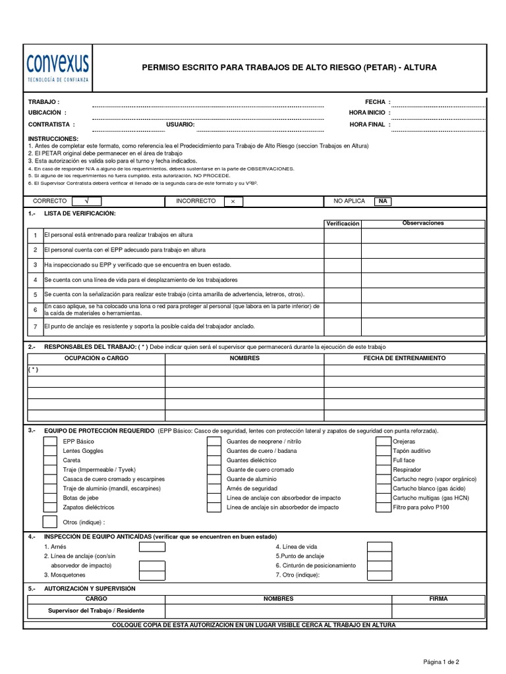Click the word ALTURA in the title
point(420,68)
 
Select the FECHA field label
point(375,102)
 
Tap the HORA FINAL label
point(366,124)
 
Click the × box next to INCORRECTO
point(233,201)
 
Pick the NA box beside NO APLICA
point(382,201)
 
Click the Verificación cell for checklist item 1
point(342,235)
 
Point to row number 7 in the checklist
point(35,326)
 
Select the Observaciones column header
point(423,223)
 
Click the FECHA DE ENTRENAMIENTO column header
point(405,358)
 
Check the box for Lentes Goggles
point(50,451)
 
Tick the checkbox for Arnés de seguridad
point(213,488)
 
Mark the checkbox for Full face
point(383,460)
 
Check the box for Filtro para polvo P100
point(383,507)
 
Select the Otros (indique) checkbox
point(49,522)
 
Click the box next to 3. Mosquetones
point(152,575)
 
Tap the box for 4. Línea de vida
point(379,546)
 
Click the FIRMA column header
point(437,599)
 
